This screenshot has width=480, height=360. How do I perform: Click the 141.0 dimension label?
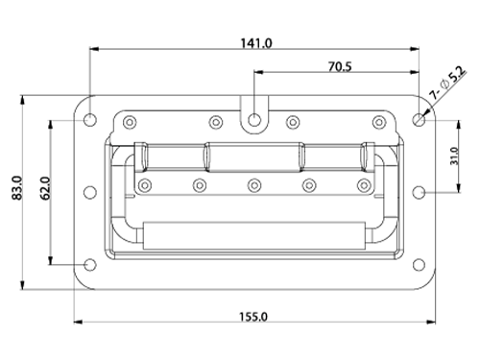256,43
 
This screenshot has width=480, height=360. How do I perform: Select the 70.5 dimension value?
340,67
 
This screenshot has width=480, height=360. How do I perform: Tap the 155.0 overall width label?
253,317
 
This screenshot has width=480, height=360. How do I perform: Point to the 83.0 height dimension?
17,188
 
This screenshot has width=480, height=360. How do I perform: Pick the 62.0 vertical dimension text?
45,188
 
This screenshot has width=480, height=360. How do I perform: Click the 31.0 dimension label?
454,156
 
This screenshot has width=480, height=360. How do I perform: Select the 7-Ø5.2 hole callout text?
447,83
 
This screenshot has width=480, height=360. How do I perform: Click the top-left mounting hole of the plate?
90,120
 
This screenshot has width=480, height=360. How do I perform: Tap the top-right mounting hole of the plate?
419,120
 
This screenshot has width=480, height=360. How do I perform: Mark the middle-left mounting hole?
90,192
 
